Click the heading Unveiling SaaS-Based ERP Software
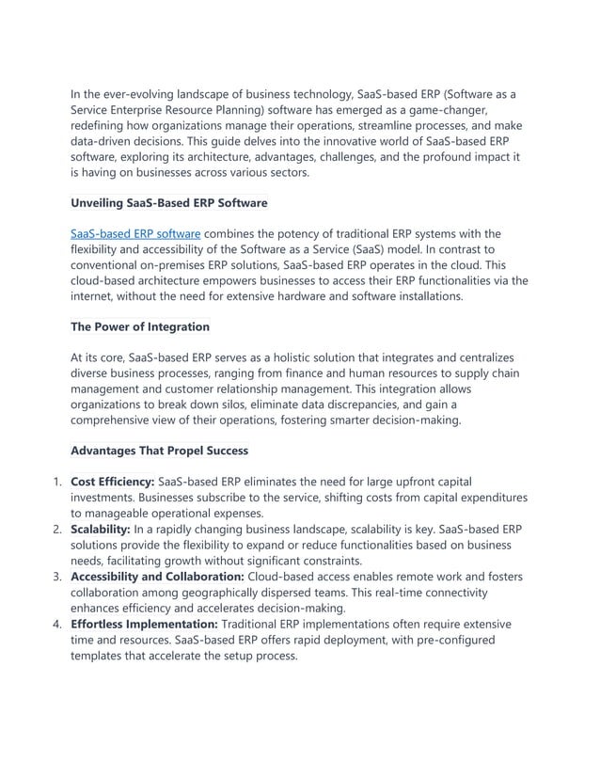[x=169, y=202]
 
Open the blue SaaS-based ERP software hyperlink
[x=135, y=233]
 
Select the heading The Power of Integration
[x=140, y=326]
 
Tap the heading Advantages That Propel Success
[x=159, y=450]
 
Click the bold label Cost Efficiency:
[x=112, y=482]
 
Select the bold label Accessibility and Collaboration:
[x=157, y=577]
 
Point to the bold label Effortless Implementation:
[x=143, y=624]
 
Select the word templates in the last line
[x=101, y=656]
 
